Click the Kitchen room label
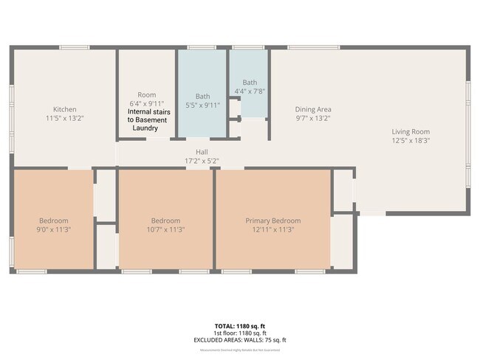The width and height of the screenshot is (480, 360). point(64,108)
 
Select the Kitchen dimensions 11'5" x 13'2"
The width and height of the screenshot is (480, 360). point(64,117)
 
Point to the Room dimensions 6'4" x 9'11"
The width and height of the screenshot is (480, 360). point(146,103)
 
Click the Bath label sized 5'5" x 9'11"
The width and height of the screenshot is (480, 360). point(202,96)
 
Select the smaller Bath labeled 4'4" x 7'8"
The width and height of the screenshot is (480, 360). point(249,82)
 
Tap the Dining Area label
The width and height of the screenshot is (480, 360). point(313,108)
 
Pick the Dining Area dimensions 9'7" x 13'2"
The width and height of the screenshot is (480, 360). point(313,117)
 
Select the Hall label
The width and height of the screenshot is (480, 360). point(202,152)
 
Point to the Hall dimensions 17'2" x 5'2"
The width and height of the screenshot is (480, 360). point(202,160)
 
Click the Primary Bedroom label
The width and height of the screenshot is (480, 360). point(273,221)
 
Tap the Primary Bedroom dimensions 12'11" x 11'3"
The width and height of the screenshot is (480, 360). point(273,229)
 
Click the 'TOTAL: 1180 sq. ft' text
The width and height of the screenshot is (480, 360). point(239,325)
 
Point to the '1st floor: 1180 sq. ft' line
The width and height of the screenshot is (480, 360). point(239,333)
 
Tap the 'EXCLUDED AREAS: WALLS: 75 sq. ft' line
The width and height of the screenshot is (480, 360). point(239,340)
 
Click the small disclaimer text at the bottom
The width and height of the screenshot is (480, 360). point(239,350)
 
